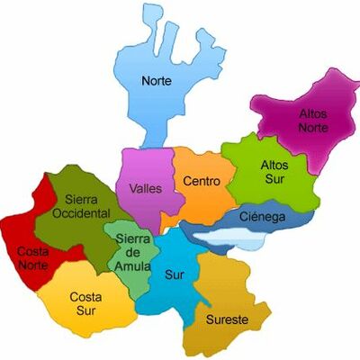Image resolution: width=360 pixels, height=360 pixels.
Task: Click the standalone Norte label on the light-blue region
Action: click(156, 80)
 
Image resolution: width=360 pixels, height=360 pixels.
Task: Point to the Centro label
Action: click(201, 182)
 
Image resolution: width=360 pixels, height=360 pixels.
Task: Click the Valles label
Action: click(145, 189)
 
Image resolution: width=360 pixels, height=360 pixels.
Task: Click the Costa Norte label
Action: click(35, 259)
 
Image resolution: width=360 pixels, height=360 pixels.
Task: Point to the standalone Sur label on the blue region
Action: click(173, 274)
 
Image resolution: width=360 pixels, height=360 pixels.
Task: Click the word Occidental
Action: click(81, 213)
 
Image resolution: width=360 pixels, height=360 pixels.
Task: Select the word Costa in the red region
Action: click(35, 253)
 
